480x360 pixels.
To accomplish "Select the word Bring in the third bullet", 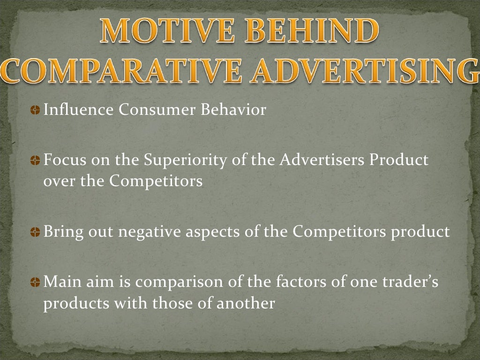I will pos(60,232).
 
